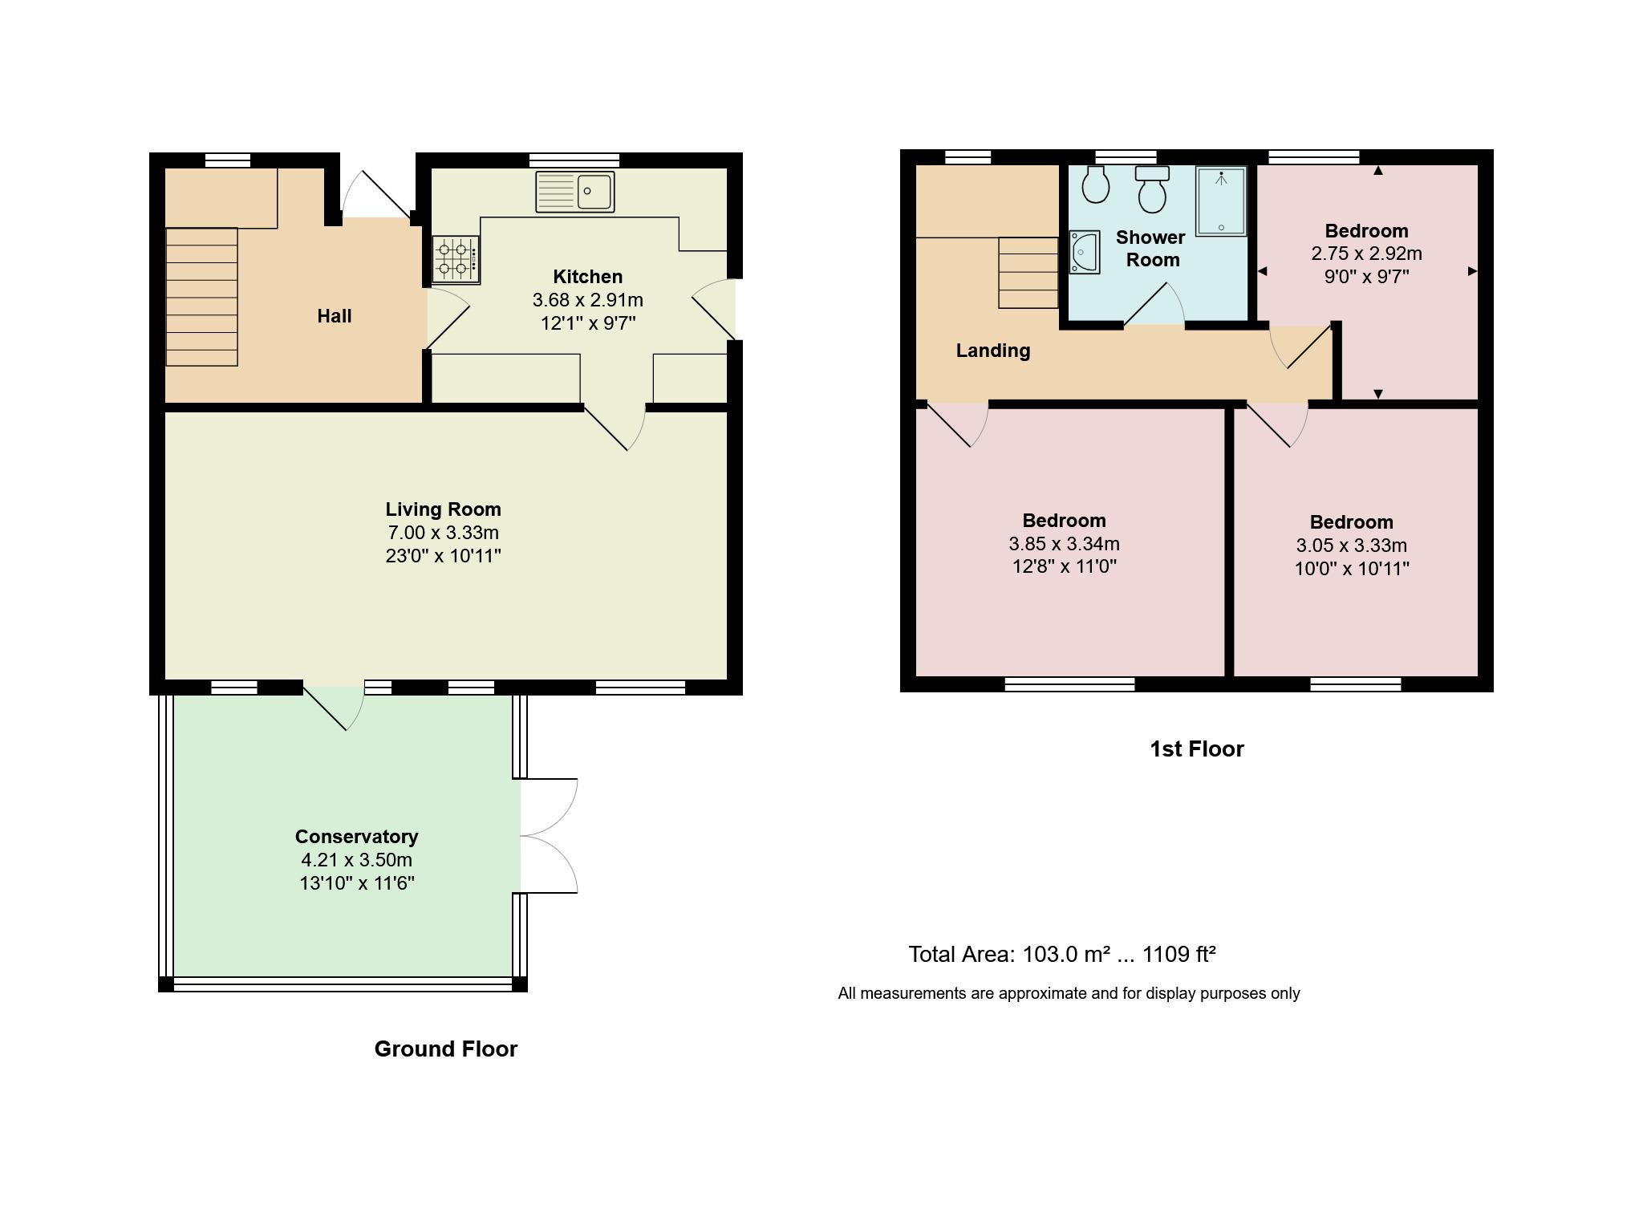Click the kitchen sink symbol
574,192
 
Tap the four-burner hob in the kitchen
456,259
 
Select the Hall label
334,316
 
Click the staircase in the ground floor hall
201,297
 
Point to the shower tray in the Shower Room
1220,201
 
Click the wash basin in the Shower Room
1084,252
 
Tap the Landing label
992,351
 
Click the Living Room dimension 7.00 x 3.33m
443,533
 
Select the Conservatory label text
356,837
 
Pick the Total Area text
1061,955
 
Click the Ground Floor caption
445,1049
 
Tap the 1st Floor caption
1196,749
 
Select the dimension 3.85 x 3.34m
1064,544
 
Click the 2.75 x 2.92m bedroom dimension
1366,254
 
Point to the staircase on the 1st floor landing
1028,273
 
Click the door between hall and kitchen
448,320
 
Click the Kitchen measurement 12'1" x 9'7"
588,323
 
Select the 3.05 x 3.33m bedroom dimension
1351,546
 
